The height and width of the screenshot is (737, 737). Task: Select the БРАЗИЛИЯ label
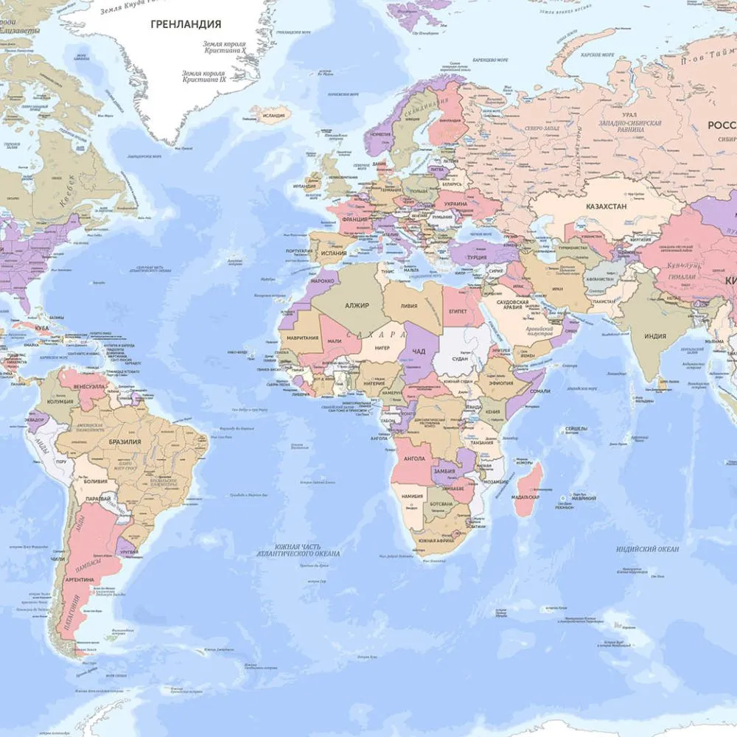coord(125,442)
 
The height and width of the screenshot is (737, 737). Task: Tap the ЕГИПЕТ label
coord(458,312)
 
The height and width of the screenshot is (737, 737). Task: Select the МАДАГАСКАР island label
coord(526,497)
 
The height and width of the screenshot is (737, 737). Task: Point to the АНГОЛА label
coord(414,458)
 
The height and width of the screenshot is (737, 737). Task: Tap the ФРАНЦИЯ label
coord(355,219)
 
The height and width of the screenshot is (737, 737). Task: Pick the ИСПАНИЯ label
coord(334,253)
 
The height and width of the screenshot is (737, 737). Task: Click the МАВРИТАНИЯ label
coord(304,338)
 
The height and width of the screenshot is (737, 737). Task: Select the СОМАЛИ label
coord(539,391)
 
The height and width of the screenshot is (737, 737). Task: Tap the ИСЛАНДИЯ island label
coord(273,115)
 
